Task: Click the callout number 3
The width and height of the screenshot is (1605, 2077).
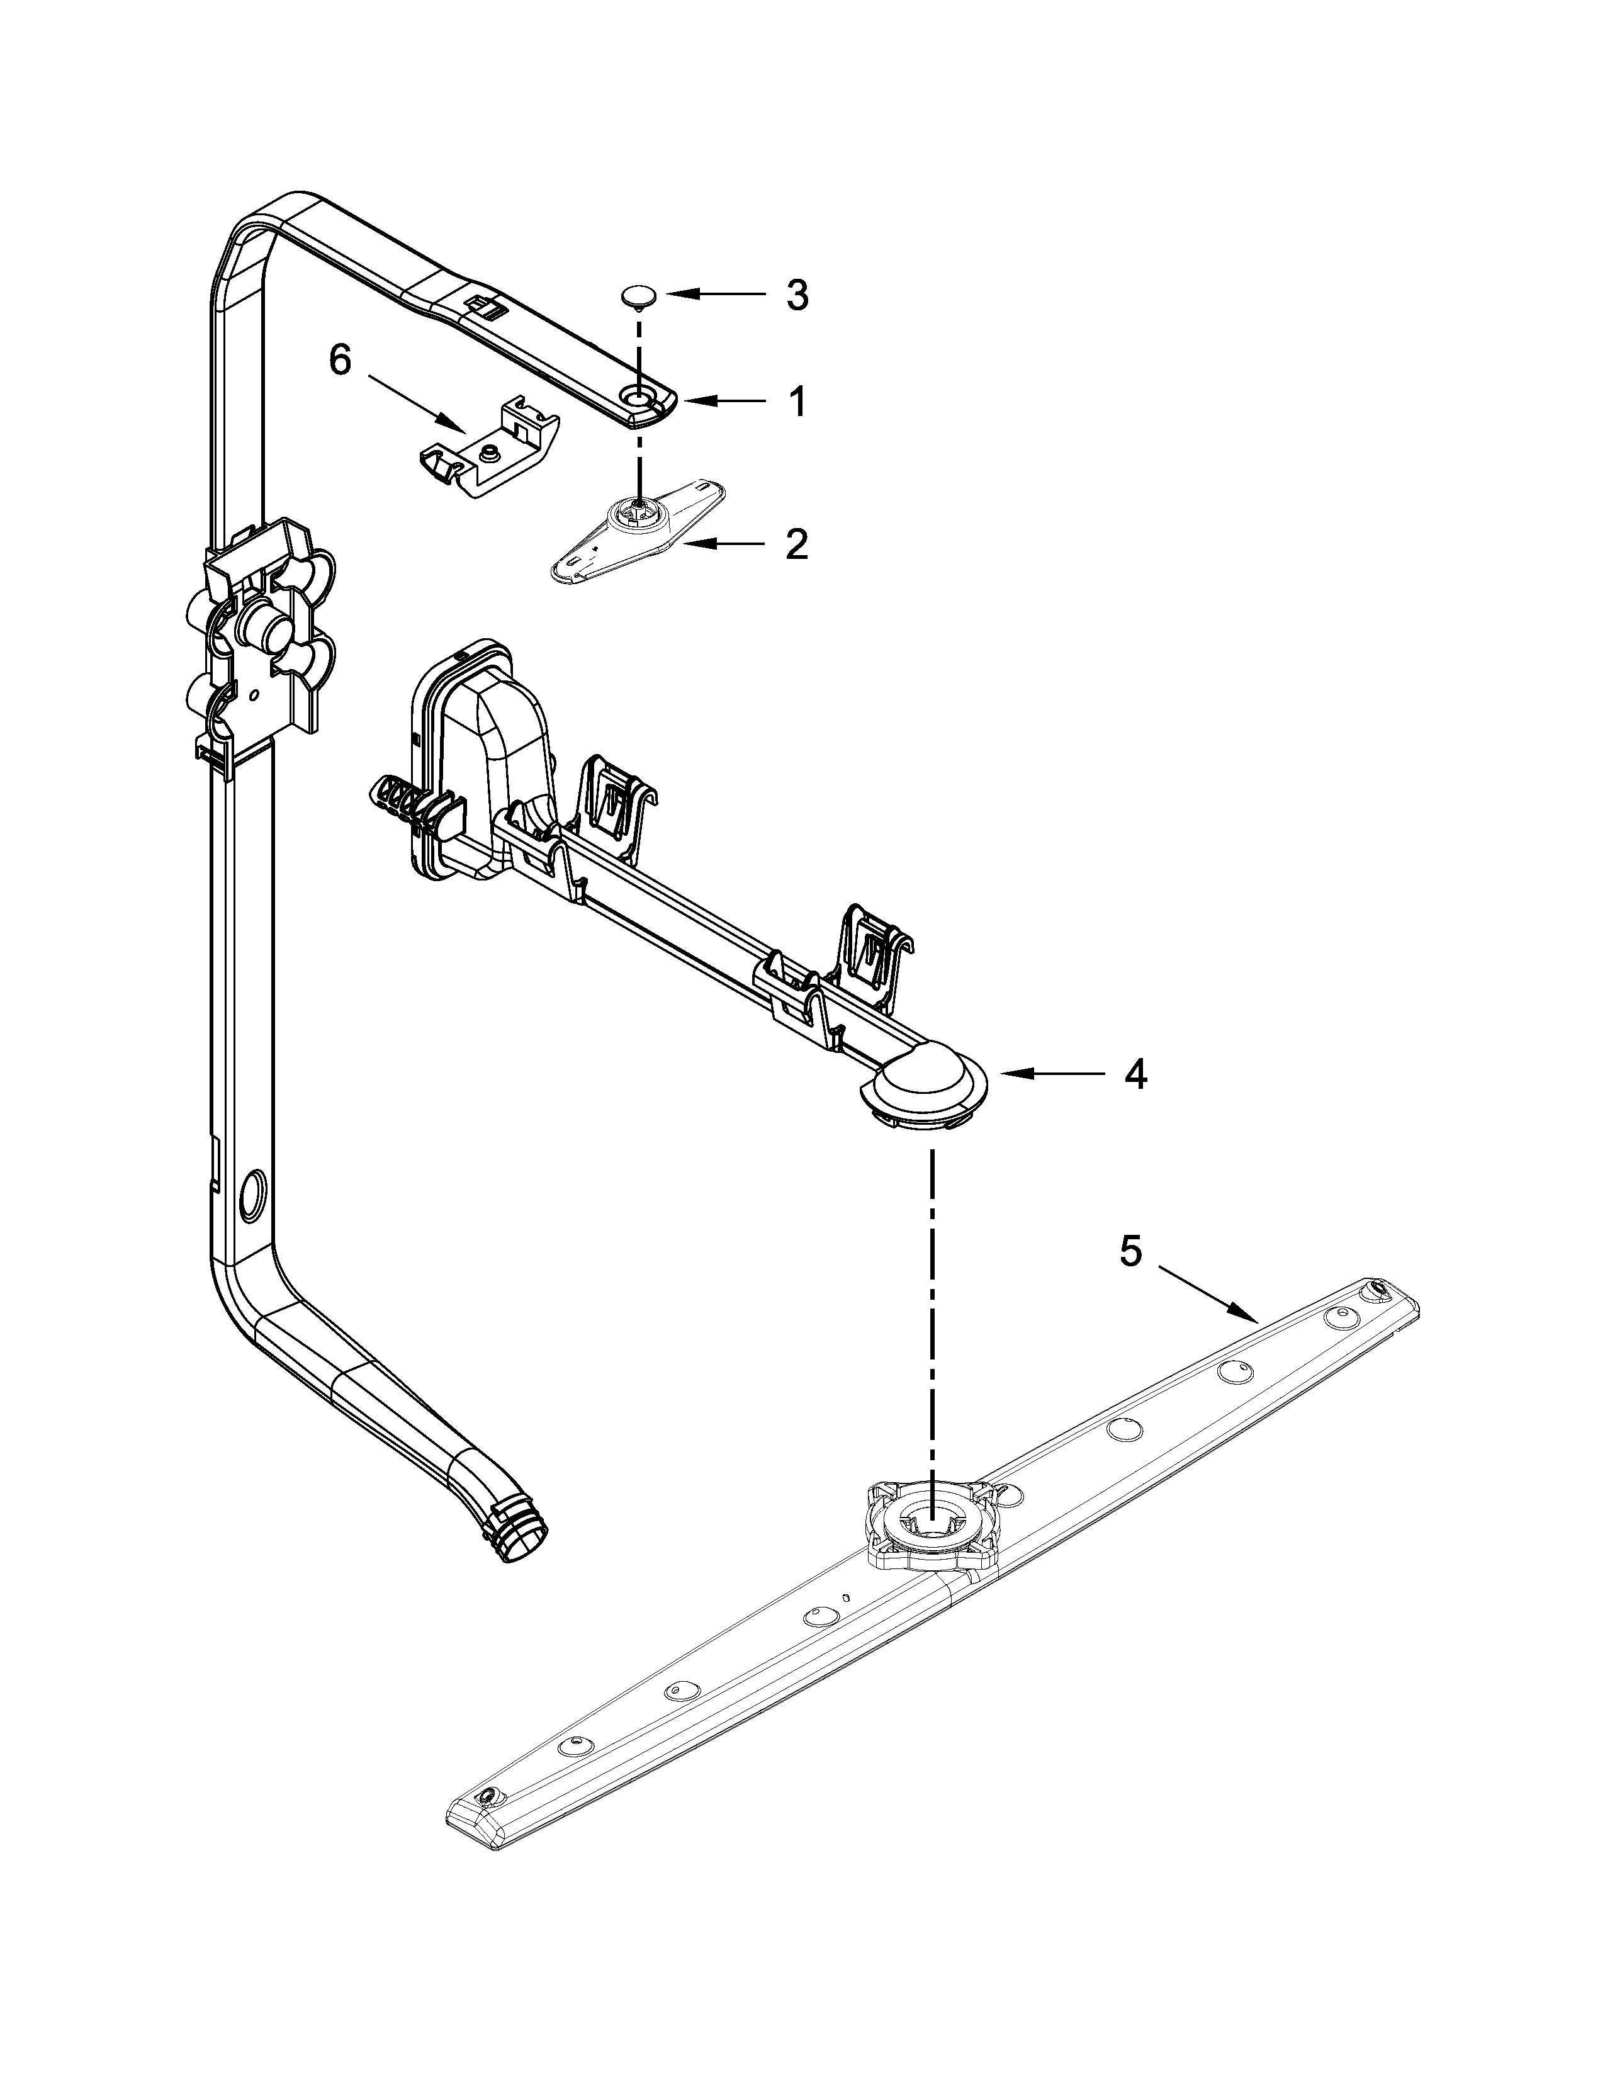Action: (797, 296)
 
